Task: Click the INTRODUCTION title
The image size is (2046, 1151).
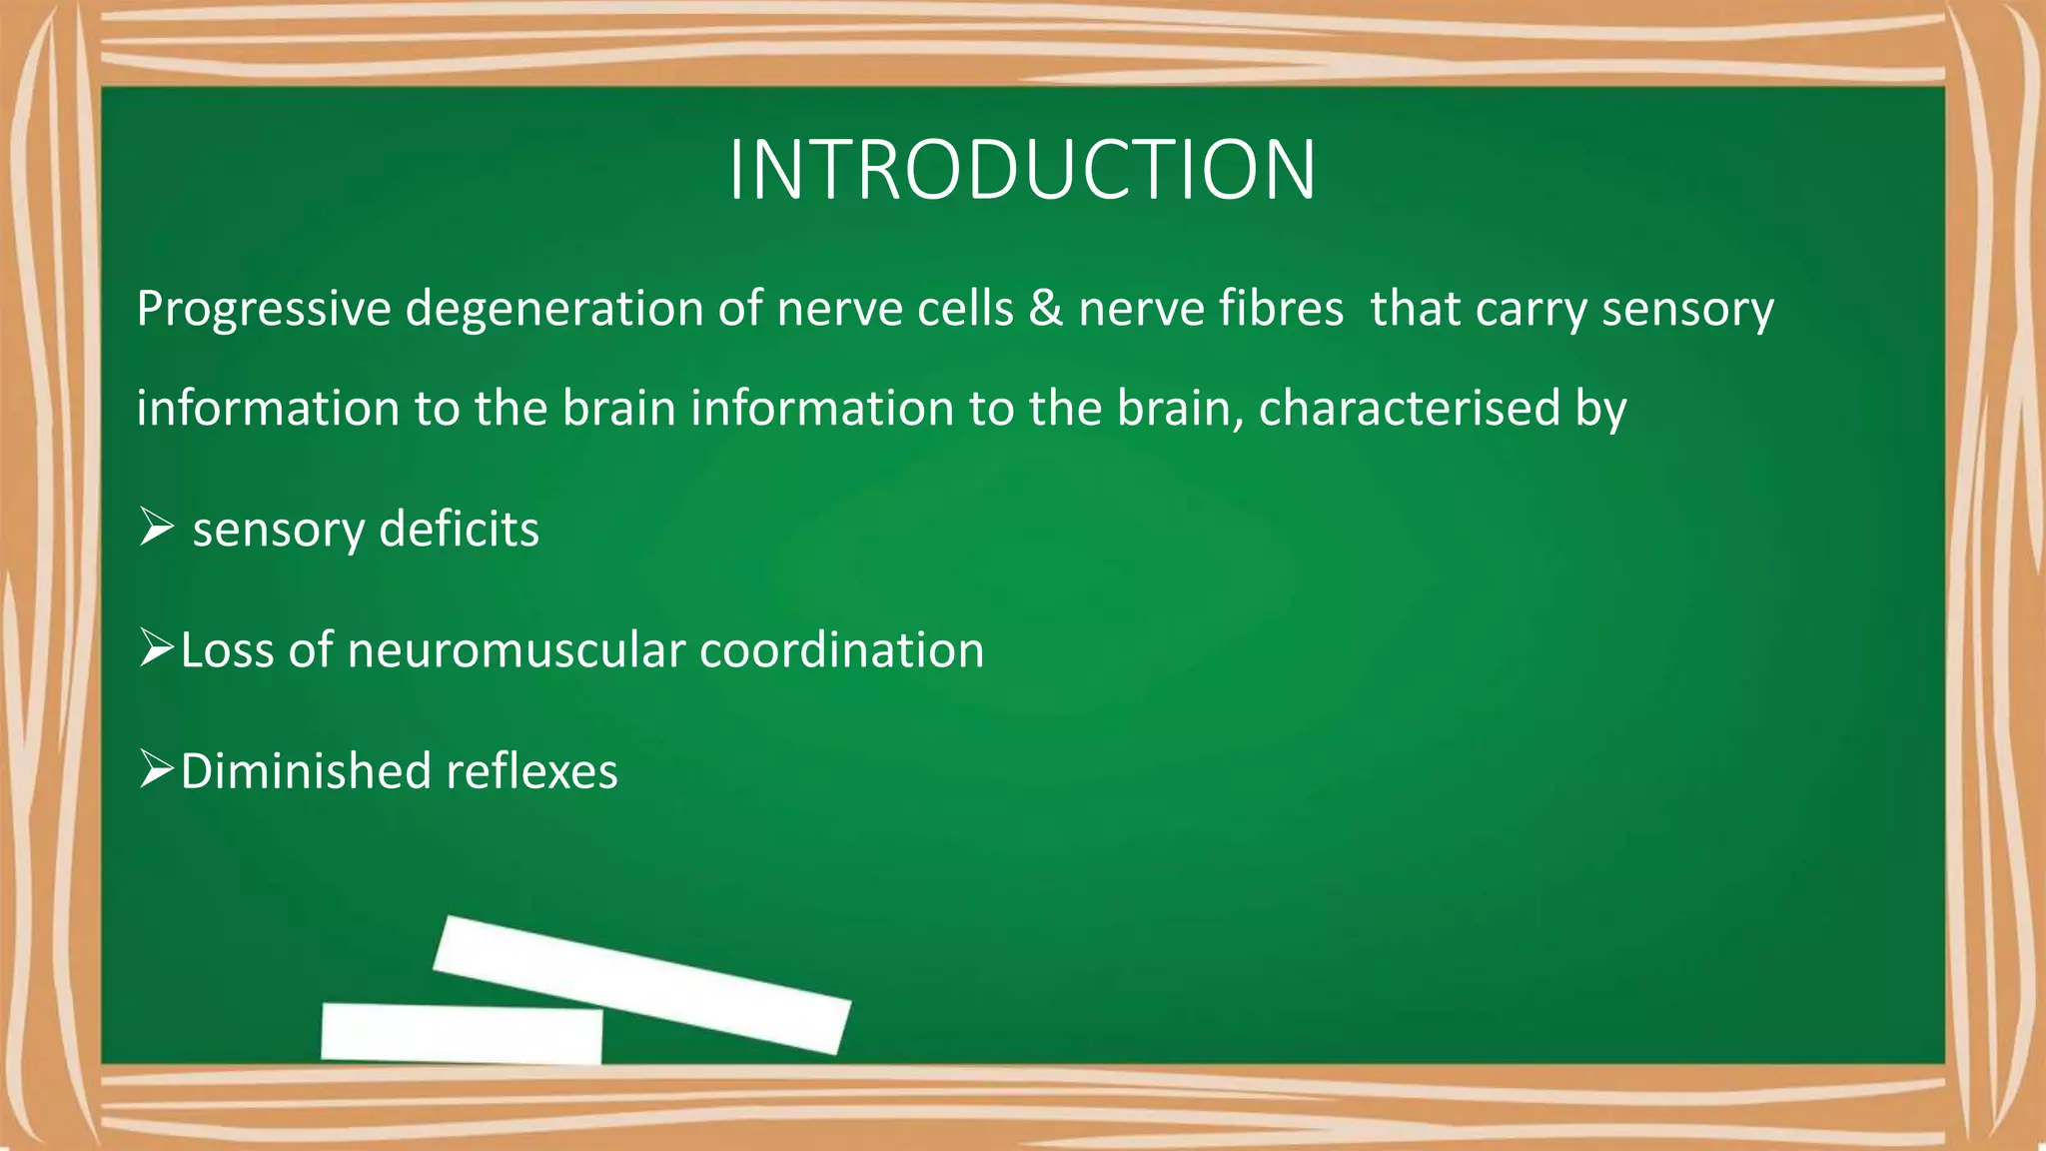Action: (x=1022, y=170)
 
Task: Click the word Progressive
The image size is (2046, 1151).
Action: (x=264, y=310)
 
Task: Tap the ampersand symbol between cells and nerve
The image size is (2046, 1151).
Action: (x=1045, y=308)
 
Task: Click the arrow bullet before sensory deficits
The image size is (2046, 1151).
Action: (x=157, y=527)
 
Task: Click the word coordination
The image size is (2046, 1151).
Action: (x=841, y=650)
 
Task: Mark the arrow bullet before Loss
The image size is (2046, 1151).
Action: (x=157, y=649)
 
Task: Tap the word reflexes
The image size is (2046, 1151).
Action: (x=531, y=771)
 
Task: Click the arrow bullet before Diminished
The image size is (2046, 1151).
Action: (x=157, y=770)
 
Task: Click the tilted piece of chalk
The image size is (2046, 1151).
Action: (x=641, y=984)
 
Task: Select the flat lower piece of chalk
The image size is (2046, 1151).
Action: (x=462, y=1032)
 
